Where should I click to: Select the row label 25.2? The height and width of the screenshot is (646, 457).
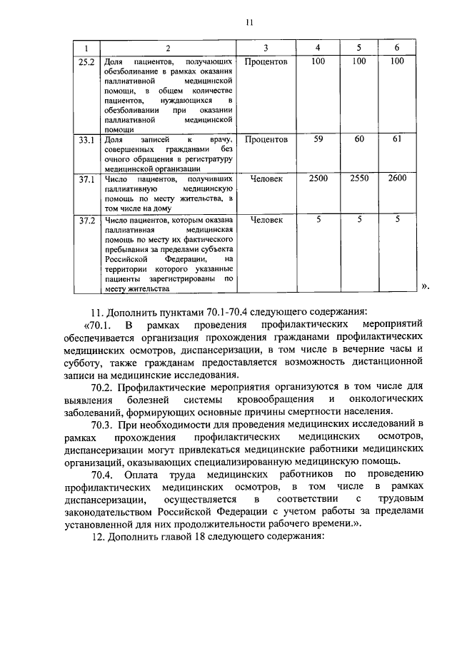point(86,61)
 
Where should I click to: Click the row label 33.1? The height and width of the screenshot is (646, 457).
point(86,141)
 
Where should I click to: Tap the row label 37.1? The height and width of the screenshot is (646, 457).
point(86,179)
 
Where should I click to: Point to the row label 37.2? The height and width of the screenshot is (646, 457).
point(86,221)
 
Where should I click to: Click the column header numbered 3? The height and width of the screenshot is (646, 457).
point(265,48)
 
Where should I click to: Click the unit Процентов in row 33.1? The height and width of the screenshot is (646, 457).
point(266,141)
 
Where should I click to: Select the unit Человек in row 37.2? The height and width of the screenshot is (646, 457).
point(266,221)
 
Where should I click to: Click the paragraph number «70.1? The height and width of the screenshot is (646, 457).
point(108,323)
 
